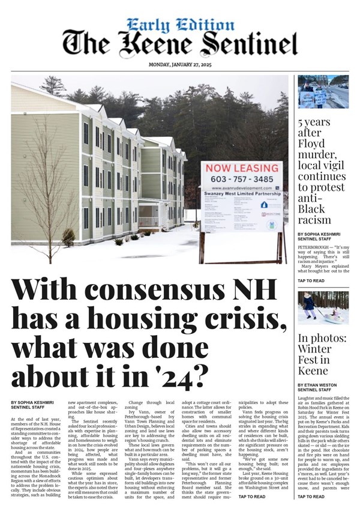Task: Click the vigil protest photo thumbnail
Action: [323, 91]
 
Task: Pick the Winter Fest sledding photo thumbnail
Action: [323, 308]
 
